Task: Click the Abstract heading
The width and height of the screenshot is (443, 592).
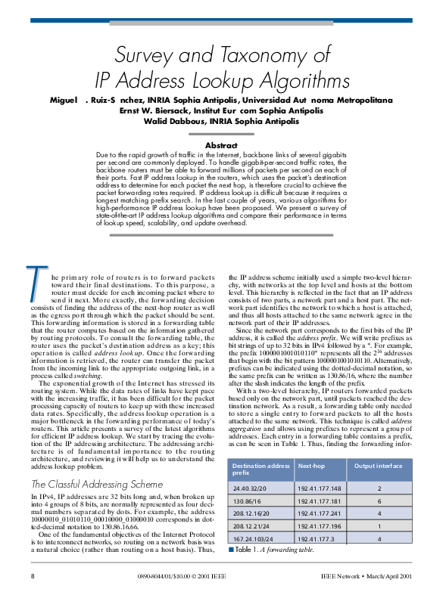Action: tap(221, 145)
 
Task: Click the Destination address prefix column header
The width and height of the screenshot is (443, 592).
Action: tap(260, 469)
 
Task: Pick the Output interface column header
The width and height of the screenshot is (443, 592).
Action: tap(379, 466)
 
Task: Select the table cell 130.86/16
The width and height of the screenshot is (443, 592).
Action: tap(248, 501)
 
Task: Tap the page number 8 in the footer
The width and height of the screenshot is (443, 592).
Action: tap(33, 576)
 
